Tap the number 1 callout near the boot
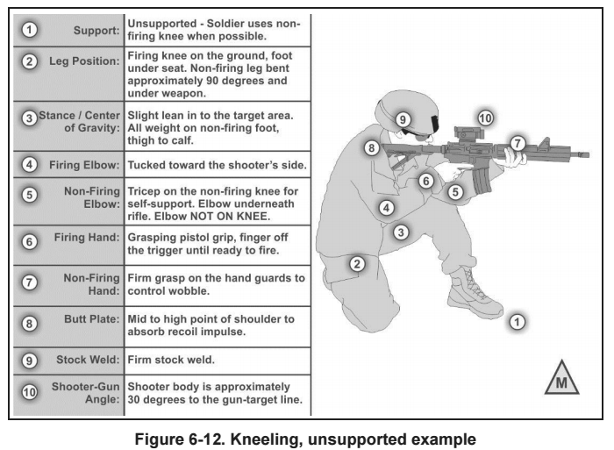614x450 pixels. click(517, 322)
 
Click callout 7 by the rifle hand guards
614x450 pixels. click(518, 141)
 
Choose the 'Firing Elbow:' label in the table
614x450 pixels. click(85, 164)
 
